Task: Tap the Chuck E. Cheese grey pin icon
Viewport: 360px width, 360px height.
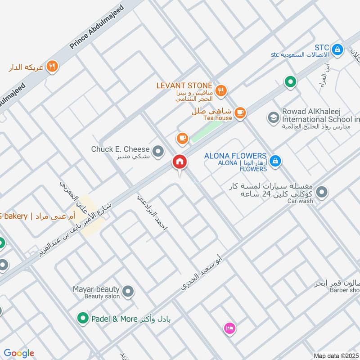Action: pos(157,152)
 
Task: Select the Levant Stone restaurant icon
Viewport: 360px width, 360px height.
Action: pos(220,90)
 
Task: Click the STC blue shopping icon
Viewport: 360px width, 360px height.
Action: pos(336,48)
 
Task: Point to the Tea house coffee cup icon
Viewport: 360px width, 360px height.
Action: pos(240,112)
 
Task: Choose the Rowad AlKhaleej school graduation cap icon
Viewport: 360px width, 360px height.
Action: pos(273,118)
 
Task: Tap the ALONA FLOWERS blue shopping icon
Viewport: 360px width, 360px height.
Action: pos(275,161)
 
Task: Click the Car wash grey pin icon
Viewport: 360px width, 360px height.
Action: pos(322,193)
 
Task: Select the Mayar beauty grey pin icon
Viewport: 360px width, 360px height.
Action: pos(128,292)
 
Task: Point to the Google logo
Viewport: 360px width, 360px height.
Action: pos(19,353)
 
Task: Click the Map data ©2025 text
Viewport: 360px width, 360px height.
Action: pos(336,355)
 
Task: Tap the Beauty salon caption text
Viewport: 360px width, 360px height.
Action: pos(102,297)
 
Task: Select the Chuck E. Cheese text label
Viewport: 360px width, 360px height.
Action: pos(120,149)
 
